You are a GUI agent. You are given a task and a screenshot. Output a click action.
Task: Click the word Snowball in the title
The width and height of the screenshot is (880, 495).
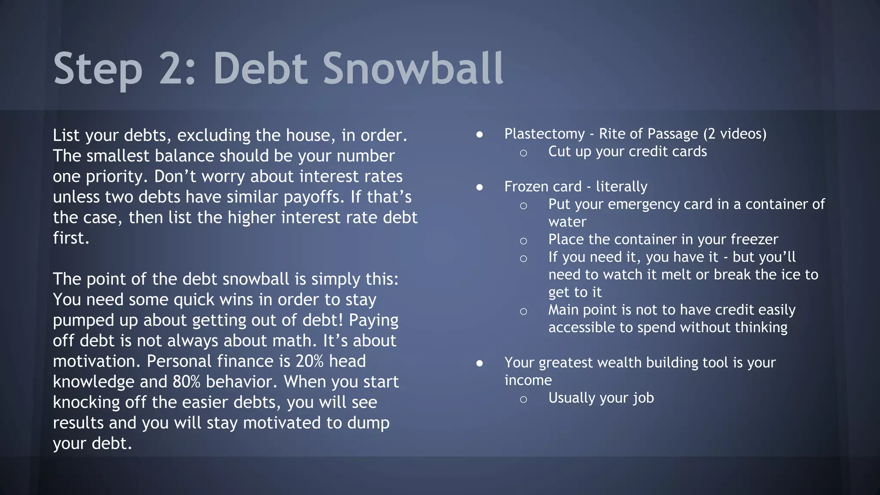[412, 69]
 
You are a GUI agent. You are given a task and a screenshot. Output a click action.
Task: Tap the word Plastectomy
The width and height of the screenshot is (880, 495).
[544, 134]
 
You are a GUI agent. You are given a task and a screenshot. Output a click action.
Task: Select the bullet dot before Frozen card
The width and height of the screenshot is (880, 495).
[480, 187]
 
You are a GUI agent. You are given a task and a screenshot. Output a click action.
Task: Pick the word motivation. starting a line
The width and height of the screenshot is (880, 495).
[96, 361]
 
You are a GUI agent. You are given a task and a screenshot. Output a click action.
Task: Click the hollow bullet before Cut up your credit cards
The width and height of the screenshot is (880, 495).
[523, 153]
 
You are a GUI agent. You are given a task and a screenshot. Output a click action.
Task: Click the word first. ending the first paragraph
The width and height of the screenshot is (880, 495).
[71, 238]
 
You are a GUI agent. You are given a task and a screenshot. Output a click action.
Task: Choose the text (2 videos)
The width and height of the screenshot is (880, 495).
[735, 134]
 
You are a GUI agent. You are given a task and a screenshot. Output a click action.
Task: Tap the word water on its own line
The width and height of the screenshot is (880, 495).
[567, 222]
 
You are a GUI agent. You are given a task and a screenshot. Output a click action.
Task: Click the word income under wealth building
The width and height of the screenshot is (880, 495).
[528, 380]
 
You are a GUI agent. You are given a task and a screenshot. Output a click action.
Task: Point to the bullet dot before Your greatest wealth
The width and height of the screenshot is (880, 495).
[480, 364]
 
